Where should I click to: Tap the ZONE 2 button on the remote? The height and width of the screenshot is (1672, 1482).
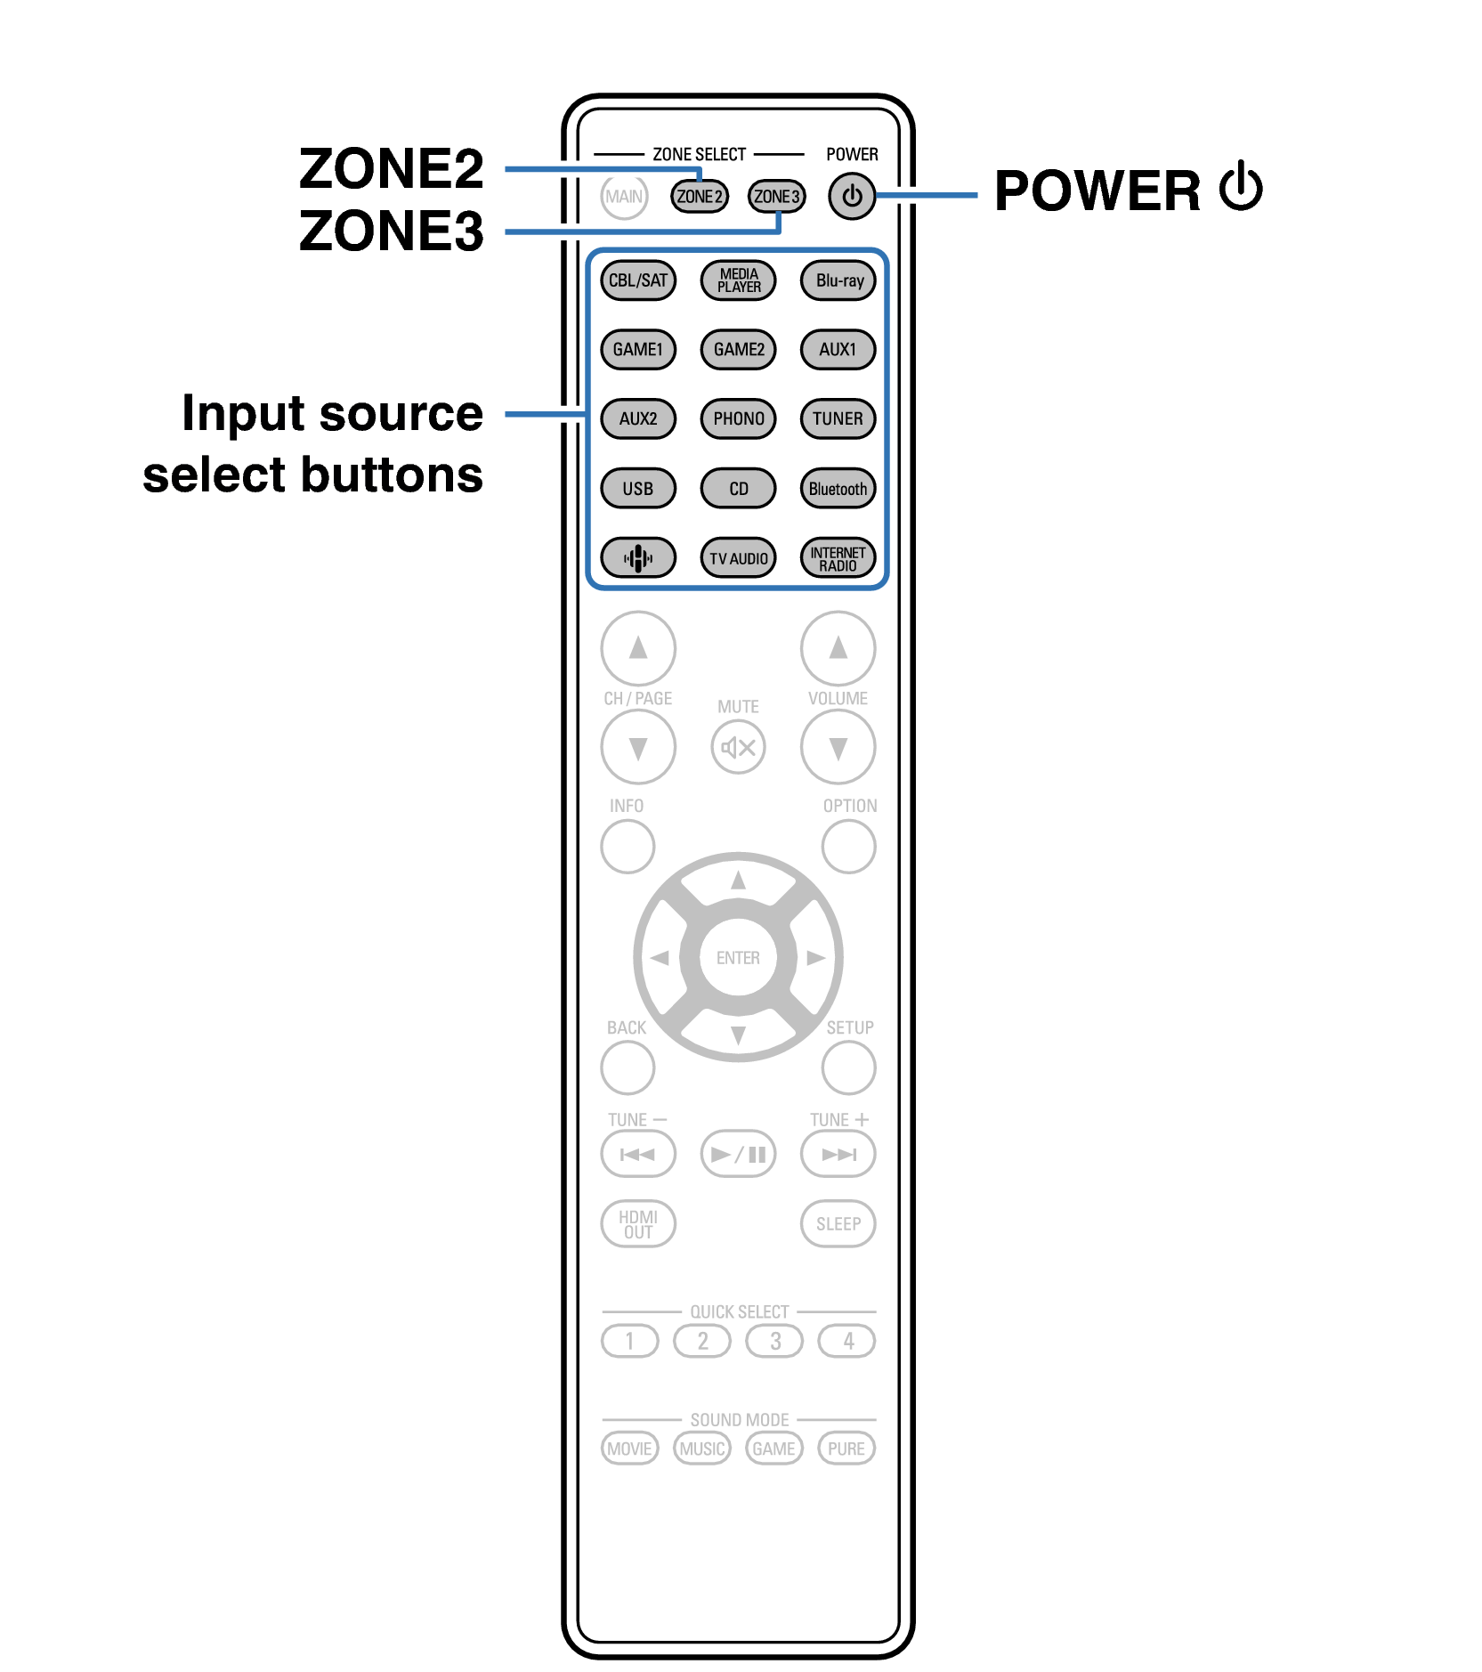tap(699, 196)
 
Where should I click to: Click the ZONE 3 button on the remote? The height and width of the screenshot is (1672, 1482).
tap(776, 196)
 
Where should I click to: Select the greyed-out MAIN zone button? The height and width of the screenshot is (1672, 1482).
tap(623, 196)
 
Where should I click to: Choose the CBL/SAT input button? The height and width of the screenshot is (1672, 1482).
tap(638, 280)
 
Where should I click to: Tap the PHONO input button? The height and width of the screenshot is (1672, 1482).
tap(738, 418)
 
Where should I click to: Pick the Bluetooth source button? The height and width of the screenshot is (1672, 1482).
tap(838, 489)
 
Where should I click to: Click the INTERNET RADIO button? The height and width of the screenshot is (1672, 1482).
tap(838, 558)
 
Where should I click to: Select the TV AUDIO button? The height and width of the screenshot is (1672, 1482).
tap(738, 558)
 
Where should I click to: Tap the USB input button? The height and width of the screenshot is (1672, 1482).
tap(638, 489)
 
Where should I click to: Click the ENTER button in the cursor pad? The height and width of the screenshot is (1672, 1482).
tap(738, 958)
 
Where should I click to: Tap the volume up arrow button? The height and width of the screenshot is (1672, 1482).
tap(838, 648)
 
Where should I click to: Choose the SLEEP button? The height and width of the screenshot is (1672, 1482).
tap(838, 1224)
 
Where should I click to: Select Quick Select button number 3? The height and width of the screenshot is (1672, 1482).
tap(774, 1341)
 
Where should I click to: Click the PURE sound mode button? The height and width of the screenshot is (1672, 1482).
tap(846, 1449)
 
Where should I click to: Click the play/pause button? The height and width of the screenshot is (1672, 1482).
tap(738, 1155)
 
